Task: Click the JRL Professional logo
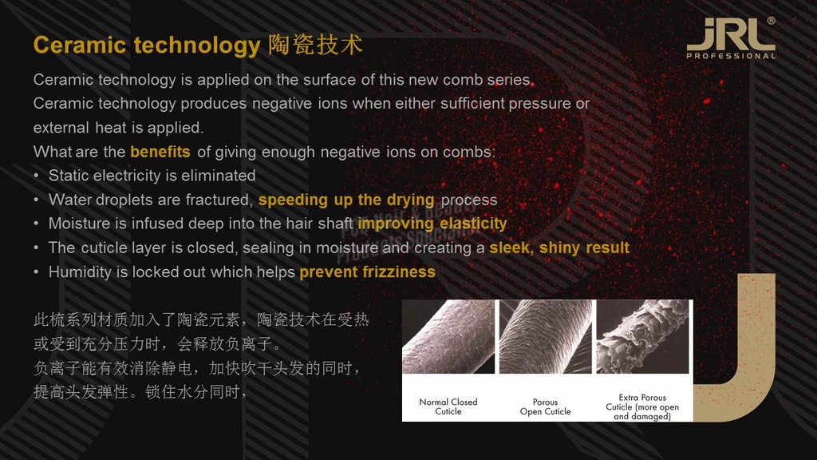pyautogui.click(x=731, y=38)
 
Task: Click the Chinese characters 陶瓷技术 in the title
pyautogui.click(x=315, y=45)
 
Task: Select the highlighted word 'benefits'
pyautogui.click(x=160, y=152)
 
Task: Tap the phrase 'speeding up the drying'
pyautogui.click(x=346, y=200)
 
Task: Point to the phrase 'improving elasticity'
pyautogui.click(x=432, y=224)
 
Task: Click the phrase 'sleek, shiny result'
pyautogui.click(x=559, y=248)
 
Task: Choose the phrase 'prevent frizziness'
pyautogui.click(x=367, y=272)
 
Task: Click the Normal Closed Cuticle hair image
pyautogui.click(x=448, y=336)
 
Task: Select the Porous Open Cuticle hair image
pyautogui.click(x=546, y=336)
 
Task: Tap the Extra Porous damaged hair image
pyautogui.click(x=642, y=336)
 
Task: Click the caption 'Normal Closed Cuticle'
pyautogui.click(x=448, y=406)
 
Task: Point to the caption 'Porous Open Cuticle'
pyautogui.click(x=546, y=406)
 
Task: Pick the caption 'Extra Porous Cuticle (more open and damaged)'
pyautogui.click(x=642, y=406)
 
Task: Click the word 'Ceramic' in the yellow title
pyautogui.click(x=80, y=45)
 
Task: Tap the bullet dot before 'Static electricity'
pyautogui.click(x=36, y=176)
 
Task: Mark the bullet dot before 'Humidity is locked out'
pyautogui.click(x=36, y=272)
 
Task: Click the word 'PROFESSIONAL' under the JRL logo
pyautogui.click(x=731, y=56)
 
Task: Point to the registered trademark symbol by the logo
pyautogui.click(x=772, y=21)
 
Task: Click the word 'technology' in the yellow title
pyautogui.click(x=197, y=46)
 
